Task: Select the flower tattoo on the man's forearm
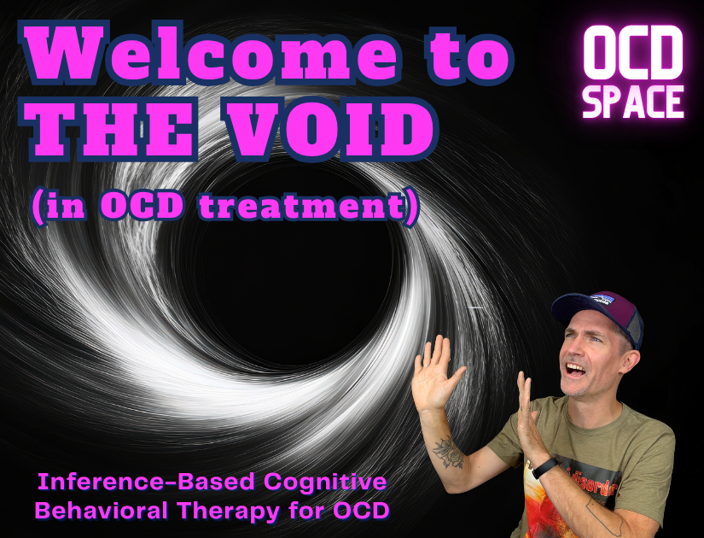445,451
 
